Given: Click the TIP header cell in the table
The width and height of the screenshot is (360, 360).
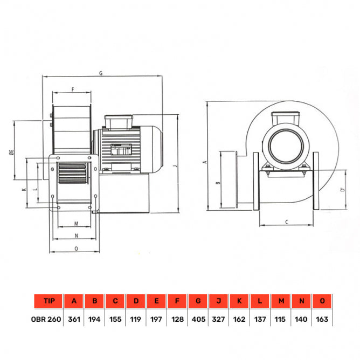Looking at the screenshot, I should click(x=48, y=301).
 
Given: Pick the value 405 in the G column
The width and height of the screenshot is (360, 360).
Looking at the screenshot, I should click(x=198, y=319).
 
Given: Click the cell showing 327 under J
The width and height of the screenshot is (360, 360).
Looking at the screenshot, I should click(x=219, y=319).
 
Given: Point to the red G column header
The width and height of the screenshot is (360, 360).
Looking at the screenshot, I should click(x=198, y=301).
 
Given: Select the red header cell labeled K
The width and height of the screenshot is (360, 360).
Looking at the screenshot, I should click(x=240, y=301).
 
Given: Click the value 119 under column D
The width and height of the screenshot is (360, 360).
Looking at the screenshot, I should click(x=136, y=319).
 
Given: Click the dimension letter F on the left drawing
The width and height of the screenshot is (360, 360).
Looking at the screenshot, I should click(x=72, y=88).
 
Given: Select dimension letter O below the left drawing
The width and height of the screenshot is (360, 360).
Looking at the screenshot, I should click(x=76, y=248).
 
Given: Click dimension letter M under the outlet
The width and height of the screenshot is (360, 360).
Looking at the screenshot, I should click(x=76, y=223).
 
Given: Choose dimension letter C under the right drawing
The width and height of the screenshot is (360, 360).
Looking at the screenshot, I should click(x=286, y=221).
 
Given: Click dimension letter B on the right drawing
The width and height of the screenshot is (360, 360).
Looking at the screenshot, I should click(x=217, y=183).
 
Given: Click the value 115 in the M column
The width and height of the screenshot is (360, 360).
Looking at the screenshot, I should click(x=281, y=319).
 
